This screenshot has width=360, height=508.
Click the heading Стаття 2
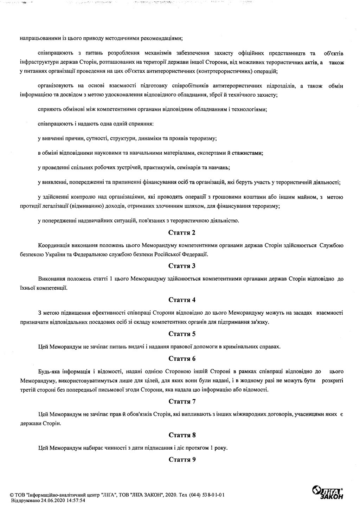(x=182, y=232)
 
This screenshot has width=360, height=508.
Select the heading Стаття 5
(x=182, y=334)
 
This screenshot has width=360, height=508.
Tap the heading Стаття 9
(x=182, y=459)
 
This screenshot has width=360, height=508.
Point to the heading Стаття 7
(x=182, y=401)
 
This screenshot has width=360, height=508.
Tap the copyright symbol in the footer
(x=12, y=495)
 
